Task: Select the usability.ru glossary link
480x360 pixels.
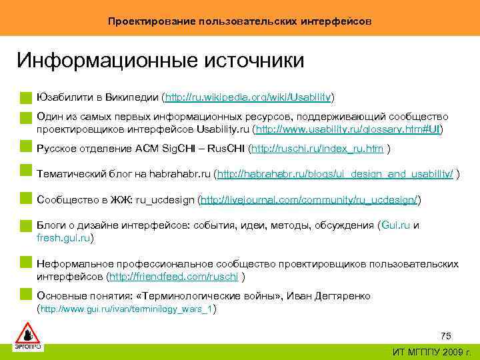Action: [x=349, y=128]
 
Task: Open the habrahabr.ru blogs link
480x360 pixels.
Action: [x=336, y=174]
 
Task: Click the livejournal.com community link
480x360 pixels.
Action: [x=309, y=199]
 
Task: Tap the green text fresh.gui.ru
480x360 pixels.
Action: [x=63, y=237]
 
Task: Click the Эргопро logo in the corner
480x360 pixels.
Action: [x=27, y=335]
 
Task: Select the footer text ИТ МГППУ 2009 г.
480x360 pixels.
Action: [x=431, y=351]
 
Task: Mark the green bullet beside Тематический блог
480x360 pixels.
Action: [x=25, y=174]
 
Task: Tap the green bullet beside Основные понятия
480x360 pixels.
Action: [x=25, y=295]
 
